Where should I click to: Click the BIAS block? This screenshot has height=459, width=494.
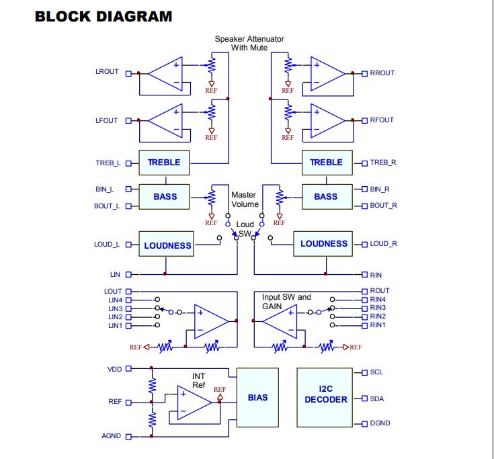click(x=257, y=397)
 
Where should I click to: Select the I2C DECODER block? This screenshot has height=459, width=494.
click(x=325, y=397)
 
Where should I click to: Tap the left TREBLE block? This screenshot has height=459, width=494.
click(x=164, y=163)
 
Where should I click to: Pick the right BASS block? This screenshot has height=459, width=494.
click(x=327, y=197)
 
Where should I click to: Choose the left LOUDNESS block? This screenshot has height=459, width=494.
click(x=167, y=244)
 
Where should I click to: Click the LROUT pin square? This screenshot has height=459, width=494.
click(x=128, y=74)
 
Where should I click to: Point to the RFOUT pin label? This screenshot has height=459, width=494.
click(x=382, y=120)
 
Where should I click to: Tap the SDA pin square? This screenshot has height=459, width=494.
click(x=364, y=399)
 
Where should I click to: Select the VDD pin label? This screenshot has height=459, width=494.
click(x=115, y=369)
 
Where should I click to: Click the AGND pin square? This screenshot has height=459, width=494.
click(x=128, y=437)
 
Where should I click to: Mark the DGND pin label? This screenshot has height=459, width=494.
click(x=380, y=423)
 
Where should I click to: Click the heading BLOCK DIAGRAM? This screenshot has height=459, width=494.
click(x=104, y=17)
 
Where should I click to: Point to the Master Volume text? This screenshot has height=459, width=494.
click(x=245, y=200)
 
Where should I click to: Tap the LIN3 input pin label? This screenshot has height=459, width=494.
click(x=116, y=308)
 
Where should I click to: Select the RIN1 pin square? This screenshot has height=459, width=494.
click(x=364, y=325)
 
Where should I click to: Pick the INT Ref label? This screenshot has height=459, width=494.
click(x=199, y=380)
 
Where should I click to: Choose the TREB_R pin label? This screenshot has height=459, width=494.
click(x=383, y=163)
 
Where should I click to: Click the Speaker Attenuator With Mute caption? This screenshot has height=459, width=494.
click(x=249, y=43)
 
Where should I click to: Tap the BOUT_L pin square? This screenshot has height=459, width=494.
click(x=128, y=206)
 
